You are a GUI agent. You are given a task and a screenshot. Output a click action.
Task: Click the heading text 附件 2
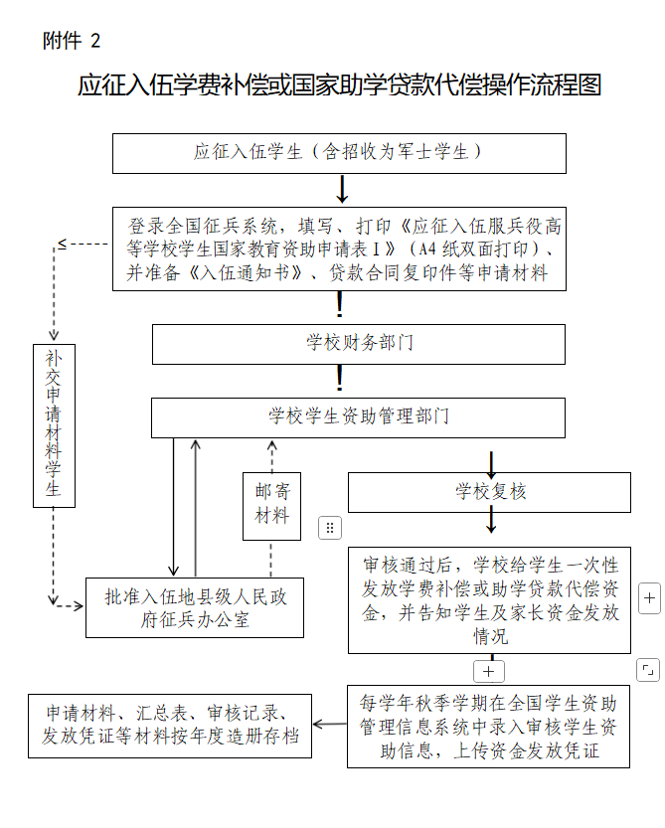pos(72,41)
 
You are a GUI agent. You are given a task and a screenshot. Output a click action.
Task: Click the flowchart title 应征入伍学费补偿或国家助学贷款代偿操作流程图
pos(339,85)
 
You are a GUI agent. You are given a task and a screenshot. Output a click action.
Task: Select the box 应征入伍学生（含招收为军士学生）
pos(338,153)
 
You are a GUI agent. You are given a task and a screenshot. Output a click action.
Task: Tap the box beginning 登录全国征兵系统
pos(338,248)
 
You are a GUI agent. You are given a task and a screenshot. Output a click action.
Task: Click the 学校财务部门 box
pos(358,343)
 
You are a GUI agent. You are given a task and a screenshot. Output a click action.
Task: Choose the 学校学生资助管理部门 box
pos(358,416)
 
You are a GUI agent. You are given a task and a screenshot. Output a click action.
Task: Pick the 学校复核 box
pos(489,492)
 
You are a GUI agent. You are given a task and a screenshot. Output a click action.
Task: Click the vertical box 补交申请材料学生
pos(54,424)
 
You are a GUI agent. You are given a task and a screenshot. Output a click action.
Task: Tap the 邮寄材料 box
pos(271,504)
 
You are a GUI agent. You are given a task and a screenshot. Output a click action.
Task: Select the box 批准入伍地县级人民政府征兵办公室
pos(194,607)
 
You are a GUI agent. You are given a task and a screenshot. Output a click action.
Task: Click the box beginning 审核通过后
pos(489,599)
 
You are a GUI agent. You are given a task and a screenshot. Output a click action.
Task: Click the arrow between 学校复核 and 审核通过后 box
pos(490,521)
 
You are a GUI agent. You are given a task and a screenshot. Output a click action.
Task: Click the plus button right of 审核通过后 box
pos(648,599)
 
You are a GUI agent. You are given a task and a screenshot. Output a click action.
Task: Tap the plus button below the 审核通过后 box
pos(489,670)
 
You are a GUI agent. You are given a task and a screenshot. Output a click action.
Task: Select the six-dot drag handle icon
pos(330,528)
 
